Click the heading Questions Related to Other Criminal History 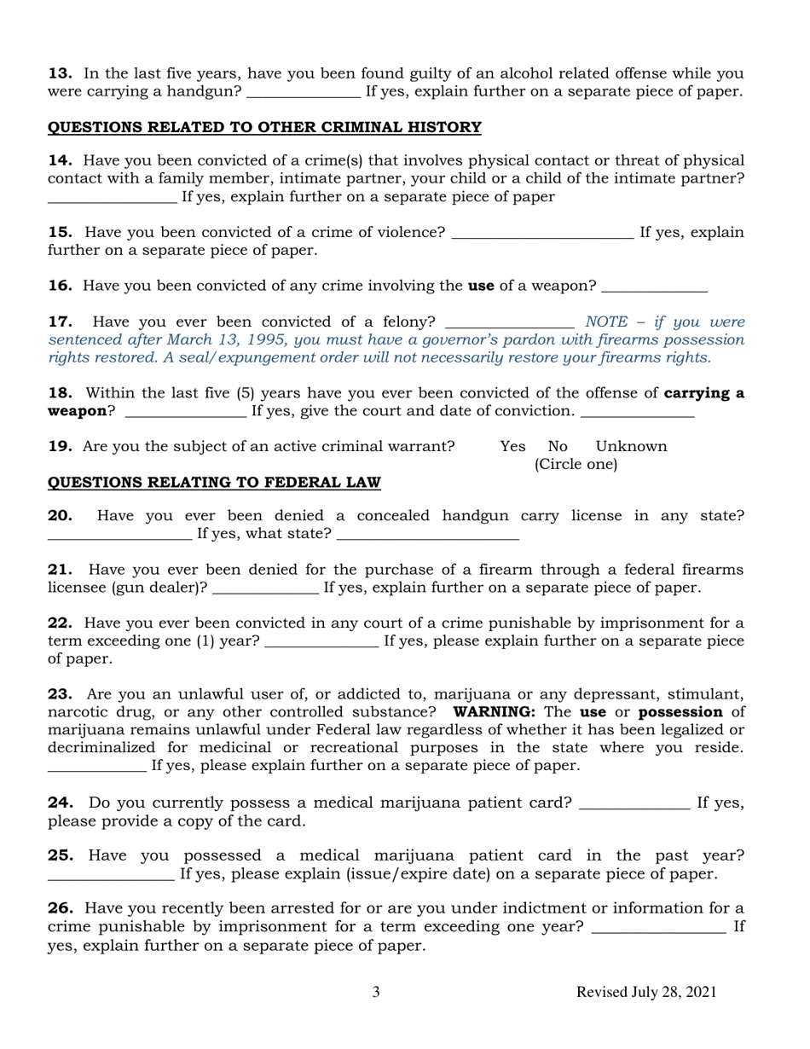coord(263,128)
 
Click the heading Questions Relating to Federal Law coord(213,483)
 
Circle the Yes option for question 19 coord(512,446)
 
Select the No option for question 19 coord(558,446)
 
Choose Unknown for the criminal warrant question coord(631,446)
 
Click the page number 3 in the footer coord(376,992)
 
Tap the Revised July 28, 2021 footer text coord(646,992)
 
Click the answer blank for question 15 coord(541,234)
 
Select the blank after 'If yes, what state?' coord(428,536)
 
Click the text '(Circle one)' coord(576,464)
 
